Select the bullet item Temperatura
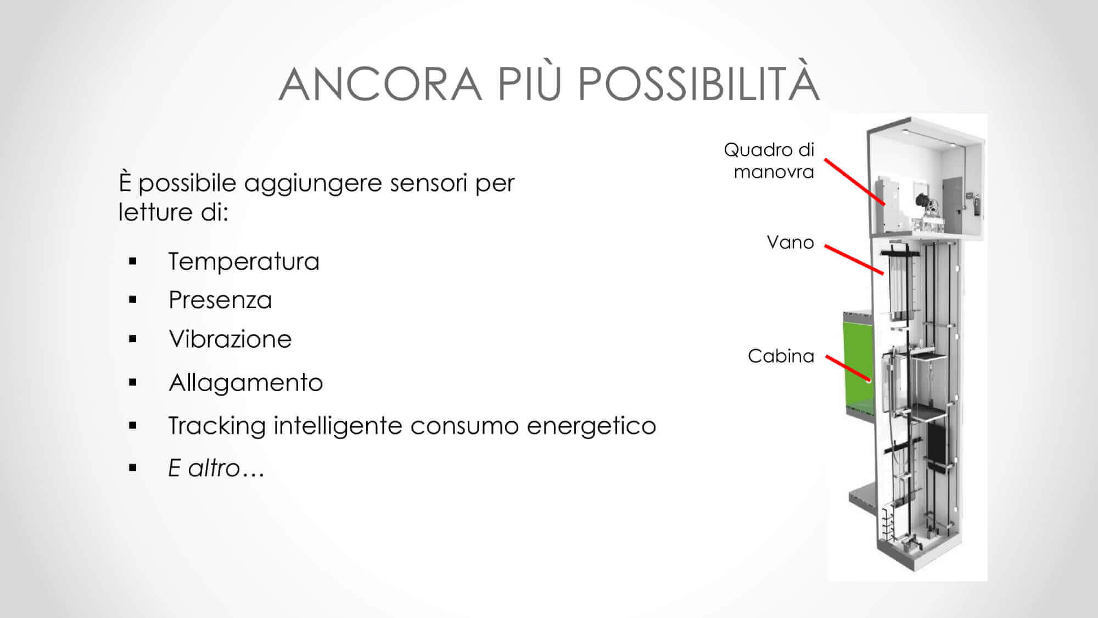tap(244, 261)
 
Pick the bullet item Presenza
tap(220, 300)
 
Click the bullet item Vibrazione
tap(230, 339)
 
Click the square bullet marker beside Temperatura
tap(132, 261)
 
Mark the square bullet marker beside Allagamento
tap(132, 382)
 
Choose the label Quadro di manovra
tap(769, 160)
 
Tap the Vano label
tap(790, 242)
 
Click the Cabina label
tap(781, 356)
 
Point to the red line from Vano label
tap(854, 259)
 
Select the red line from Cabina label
tap(849, 368)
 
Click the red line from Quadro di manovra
tap(855, 182)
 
